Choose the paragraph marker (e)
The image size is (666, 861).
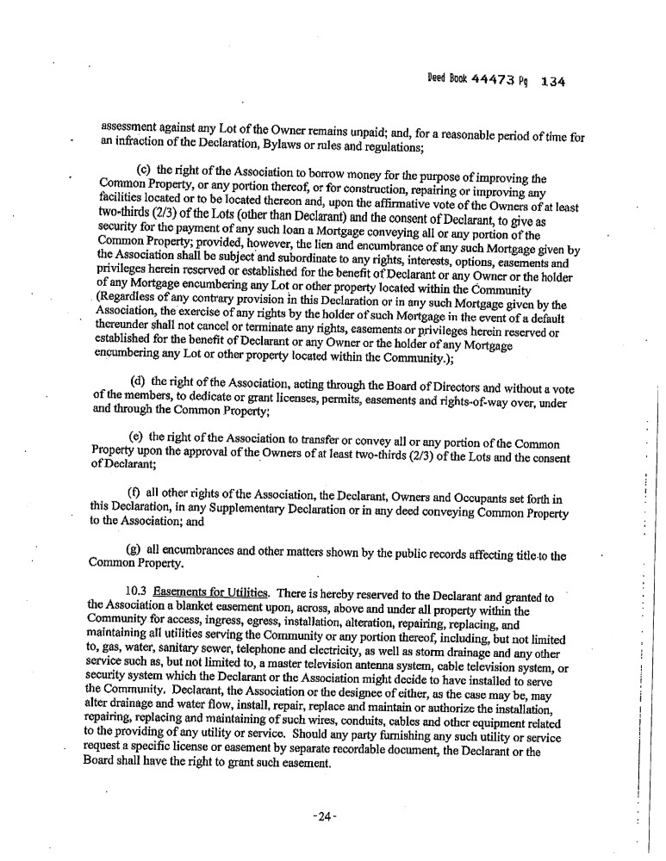[137, 437]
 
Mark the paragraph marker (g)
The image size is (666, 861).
[134, 548]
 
